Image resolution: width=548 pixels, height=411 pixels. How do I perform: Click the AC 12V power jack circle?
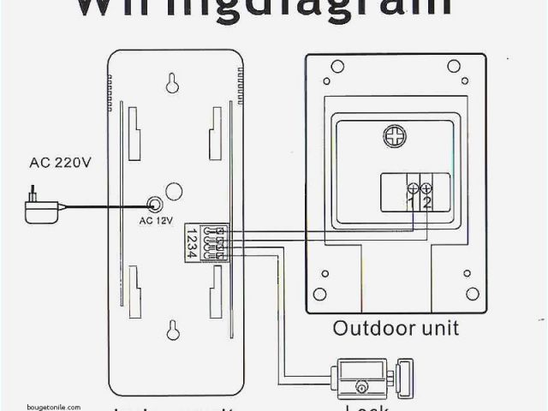(155, 205)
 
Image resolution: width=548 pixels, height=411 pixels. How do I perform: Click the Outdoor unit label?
(396, 328)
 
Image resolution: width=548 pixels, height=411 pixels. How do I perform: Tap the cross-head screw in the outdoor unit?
(395, 136)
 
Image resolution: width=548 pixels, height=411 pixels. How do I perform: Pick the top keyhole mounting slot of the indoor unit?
(172, 83)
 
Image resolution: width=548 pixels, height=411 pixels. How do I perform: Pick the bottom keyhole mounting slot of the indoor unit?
(172, 330)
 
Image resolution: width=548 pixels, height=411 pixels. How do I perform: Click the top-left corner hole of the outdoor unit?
(337, 66)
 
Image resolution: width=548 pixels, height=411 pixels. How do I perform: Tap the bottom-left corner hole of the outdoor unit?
(320, 294)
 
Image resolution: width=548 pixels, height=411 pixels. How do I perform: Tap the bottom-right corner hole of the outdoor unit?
(472, 294)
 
